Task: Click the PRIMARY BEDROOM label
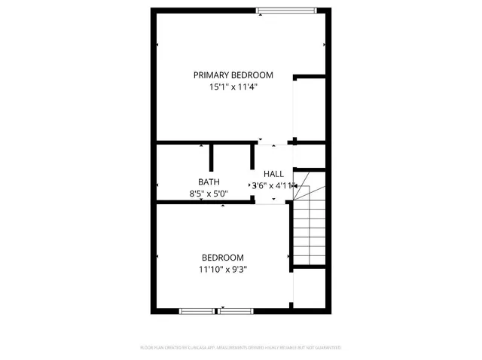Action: pyautogui.click(x=233, y=75)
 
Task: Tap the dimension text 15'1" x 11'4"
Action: pyautogui.click(x=233, y=87)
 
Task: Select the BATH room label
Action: pyautogui.click(x=209, y=182)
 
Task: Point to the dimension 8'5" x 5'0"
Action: pyautogui.click(x=209, y=194)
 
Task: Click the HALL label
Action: pyautogui.click(x=273, y=174)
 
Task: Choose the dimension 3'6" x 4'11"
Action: pyautogui.click(x=273, y=185)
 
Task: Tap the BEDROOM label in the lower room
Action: pyautogui.click(x=222, y=258)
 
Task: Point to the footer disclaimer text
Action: pyautogui.click(x=240, y=348)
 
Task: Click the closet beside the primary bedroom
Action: pyautogui.click(x=310, y=108)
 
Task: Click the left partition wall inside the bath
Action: pyautogui.click(x=212, y=157)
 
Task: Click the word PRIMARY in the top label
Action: pyautogui.click(x=210, y=75)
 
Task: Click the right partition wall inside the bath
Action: pyautogui.click(x=252, y=157)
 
